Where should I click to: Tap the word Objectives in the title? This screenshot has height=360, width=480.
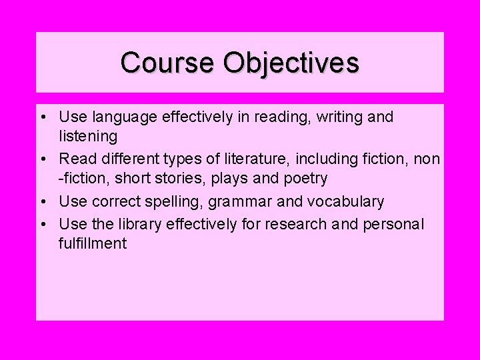(292, 64)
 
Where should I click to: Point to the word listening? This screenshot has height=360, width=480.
(88, 137)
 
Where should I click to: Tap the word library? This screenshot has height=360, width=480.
(133, 224)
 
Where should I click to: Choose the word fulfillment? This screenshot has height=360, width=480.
(93, 243)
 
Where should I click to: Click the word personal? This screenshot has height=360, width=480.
(393, 224)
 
